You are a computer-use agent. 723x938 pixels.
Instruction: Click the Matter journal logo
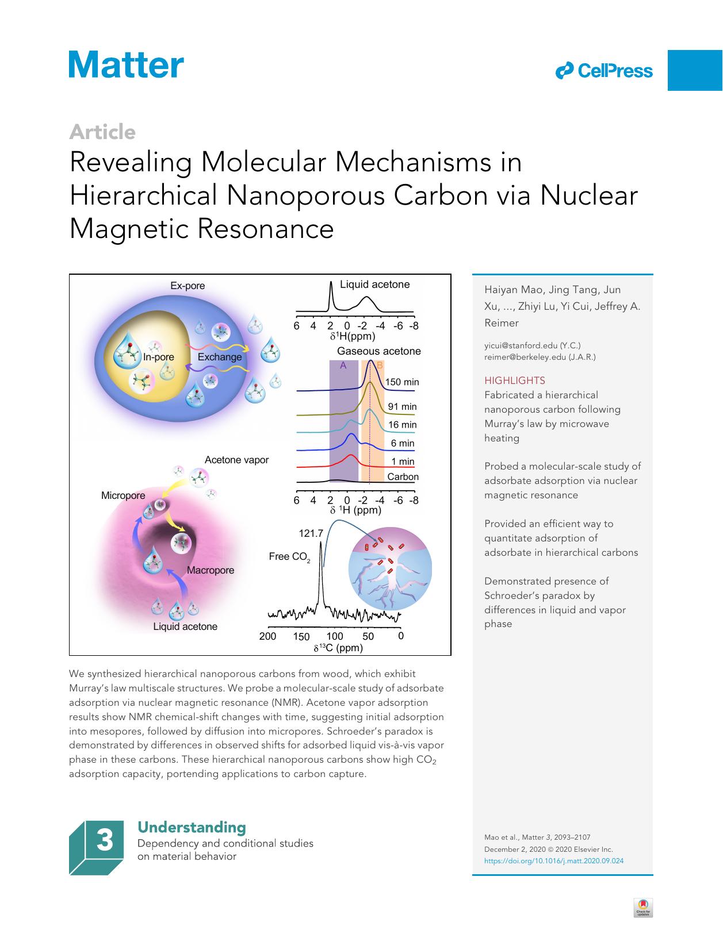[x=127, y=64]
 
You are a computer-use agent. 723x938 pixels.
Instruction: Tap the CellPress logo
[x=604, y=71]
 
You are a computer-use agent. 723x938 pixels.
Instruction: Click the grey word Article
[x=102, y=132]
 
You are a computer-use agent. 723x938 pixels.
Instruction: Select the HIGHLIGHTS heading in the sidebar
[x=514, y=380]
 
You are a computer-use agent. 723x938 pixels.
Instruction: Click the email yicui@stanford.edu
[x=532, y=345]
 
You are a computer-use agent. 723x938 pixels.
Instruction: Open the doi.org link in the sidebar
[x=553, y=860]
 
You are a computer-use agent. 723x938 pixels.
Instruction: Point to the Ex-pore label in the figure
[x=188, y=286]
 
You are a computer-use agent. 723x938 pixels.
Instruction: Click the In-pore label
[x=159, y=357]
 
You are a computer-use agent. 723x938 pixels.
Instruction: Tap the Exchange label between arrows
[x=220, y=357]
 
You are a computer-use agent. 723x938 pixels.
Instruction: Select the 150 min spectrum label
[x=401, y=382]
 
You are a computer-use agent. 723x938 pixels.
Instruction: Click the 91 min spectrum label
[x=402, y=406]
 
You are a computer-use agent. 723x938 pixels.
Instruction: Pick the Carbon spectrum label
[x=403, y=476]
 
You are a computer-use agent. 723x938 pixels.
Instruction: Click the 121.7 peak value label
[x=311, y=533]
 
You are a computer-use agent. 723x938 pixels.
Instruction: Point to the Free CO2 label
[x=289, y=556]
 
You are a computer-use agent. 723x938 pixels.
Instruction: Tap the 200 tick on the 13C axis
[x=267, y=636]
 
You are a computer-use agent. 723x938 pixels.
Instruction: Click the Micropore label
[x=123, y=495]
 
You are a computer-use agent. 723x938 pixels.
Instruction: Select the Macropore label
[x=211, y=570]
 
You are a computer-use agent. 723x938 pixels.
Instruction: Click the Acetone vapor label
[x=236, y=460]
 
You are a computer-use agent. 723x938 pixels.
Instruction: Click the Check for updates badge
[x=643, y=908]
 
